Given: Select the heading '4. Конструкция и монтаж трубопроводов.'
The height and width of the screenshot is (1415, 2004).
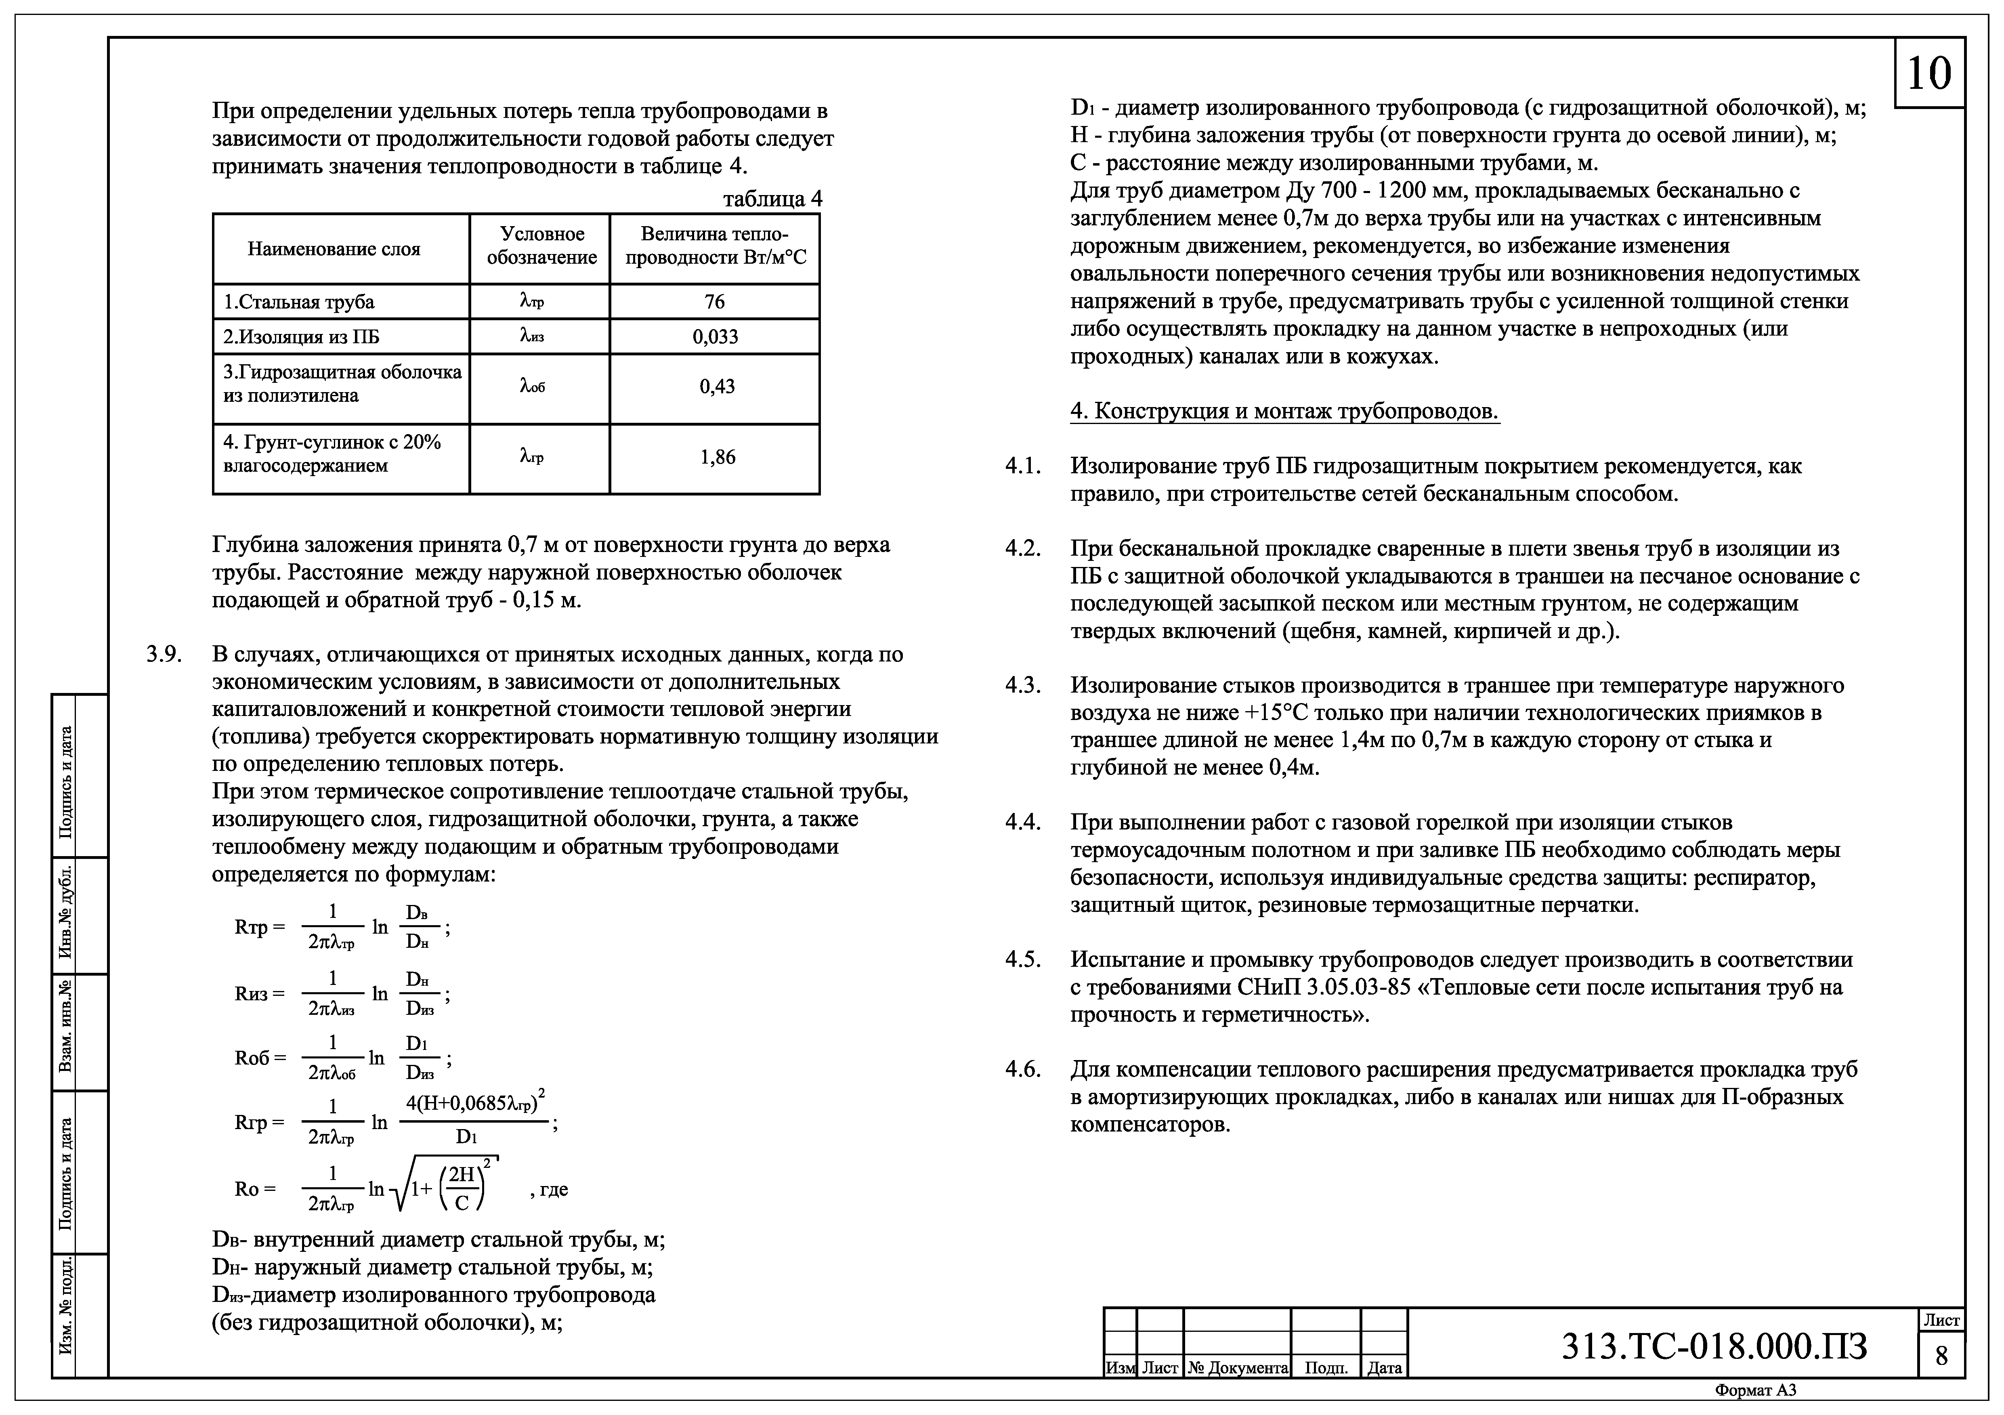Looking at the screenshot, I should [x=1284, y=411].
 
